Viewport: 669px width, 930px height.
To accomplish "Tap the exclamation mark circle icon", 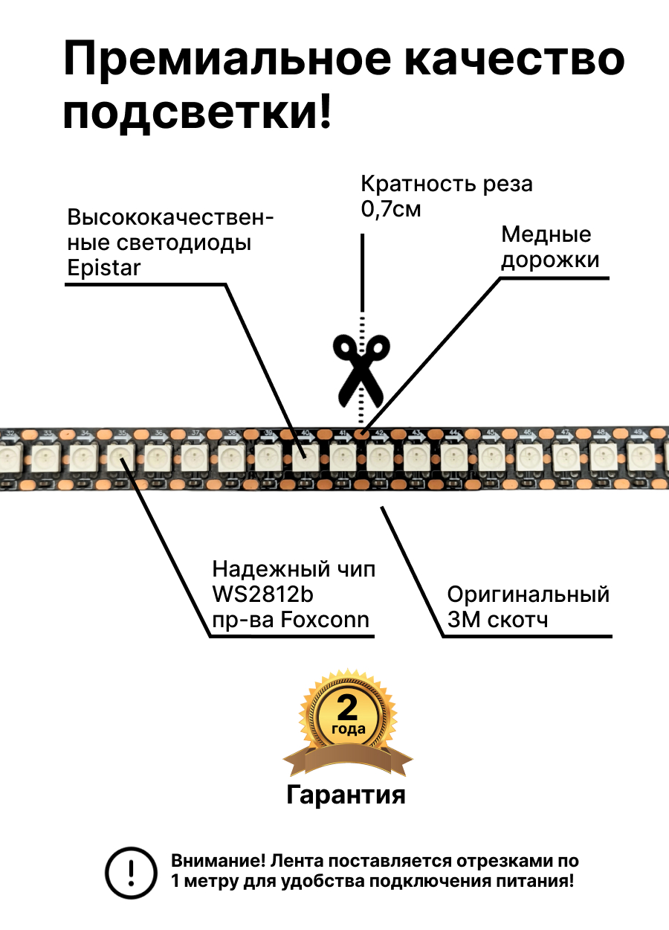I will click(132, 871).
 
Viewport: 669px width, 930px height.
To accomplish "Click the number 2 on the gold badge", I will click(347, 708).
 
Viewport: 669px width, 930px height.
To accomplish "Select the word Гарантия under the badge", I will click(346, 795).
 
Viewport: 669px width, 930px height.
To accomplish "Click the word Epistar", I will click(103, 268).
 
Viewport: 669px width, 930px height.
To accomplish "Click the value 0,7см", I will click(391, 209).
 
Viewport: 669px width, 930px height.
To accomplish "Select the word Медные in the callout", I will click(546, 234).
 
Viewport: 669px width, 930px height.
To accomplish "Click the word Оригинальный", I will click(529, 594).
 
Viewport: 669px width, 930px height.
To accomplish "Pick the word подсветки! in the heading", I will click(198, 114).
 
